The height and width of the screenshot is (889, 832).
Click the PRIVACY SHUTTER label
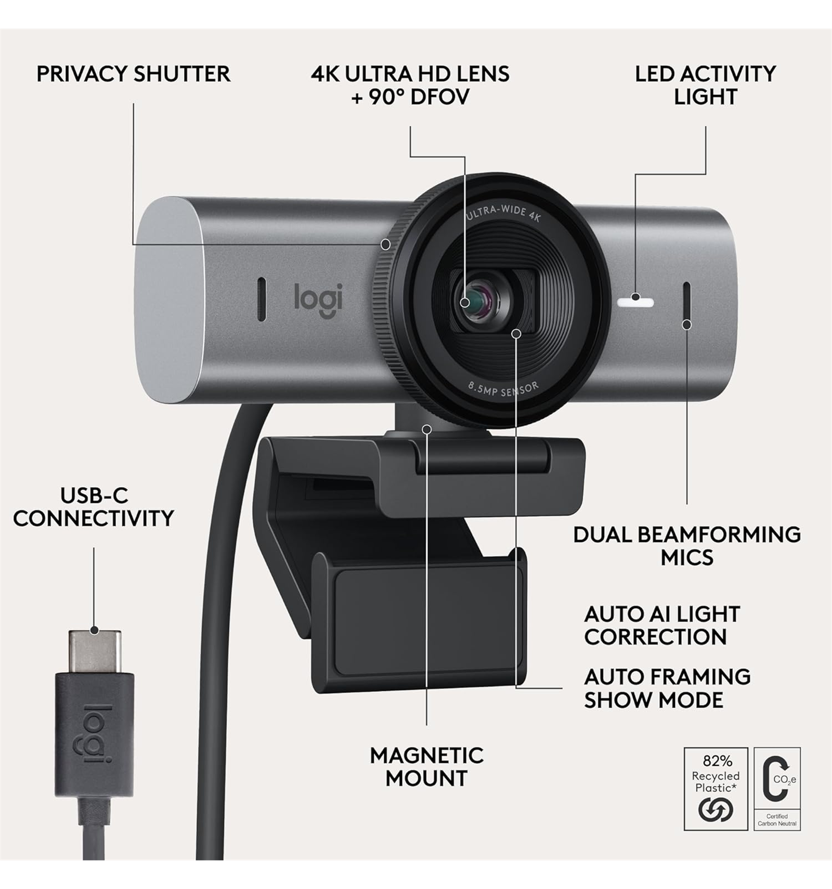pos(133,74)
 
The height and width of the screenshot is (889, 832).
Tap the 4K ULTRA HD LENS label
pos(410,74)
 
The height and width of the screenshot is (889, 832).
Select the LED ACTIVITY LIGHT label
pos(705,85)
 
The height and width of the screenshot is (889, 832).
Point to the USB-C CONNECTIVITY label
pos(94,507)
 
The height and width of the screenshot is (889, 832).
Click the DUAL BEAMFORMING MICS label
pos(687,546)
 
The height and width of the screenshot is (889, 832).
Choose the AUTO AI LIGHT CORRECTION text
pos(662,625)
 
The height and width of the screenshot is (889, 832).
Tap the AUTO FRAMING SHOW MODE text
pos(667,688)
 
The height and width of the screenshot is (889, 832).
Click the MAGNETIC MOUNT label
pos(426,767)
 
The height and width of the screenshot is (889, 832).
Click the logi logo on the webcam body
pos(318,300)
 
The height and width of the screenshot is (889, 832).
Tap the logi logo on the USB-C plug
pos(94,734)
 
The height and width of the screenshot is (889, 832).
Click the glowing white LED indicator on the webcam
pos(635,303)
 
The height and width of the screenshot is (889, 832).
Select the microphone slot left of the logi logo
pos(262,299)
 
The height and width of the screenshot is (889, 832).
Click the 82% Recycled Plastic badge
pos(716,789)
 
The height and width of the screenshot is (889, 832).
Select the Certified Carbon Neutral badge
pos(777,789)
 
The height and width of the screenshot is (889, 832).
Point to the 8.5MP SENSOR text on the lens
pos(503,389)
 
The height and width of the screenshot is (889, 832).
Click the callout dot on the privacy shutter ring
pos(385,244)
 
